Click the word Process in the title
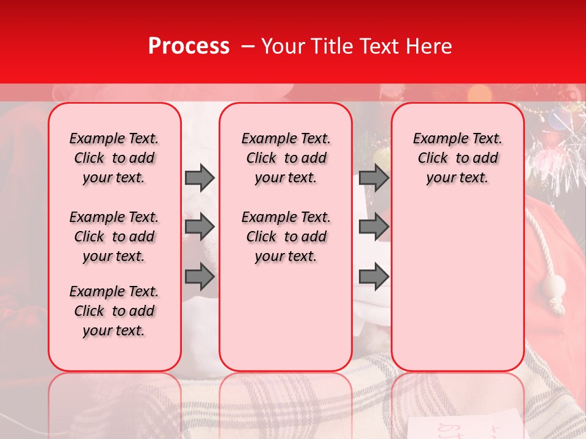(x=189, y=46)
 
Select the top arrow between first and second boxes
(x=200, y=177)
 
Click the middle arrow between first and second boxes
(x=200, y=227)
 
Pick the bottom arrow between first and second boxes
(x=200, y=276)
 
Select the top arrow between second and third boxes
(x=374, y=177)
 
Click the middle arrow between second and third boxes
(x=374, y=227)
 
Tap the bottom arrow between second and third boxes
(x=374, y=276)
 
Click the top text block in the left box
(x=114, y=158)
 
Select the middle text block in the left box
(x=114, y=237)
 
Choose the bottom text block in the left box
(x=114, y=311)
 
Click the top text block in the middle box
(x=286, y=158)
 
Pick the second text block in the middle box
(x=286, y=237)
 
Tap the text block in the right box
(x=458, y=158)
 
